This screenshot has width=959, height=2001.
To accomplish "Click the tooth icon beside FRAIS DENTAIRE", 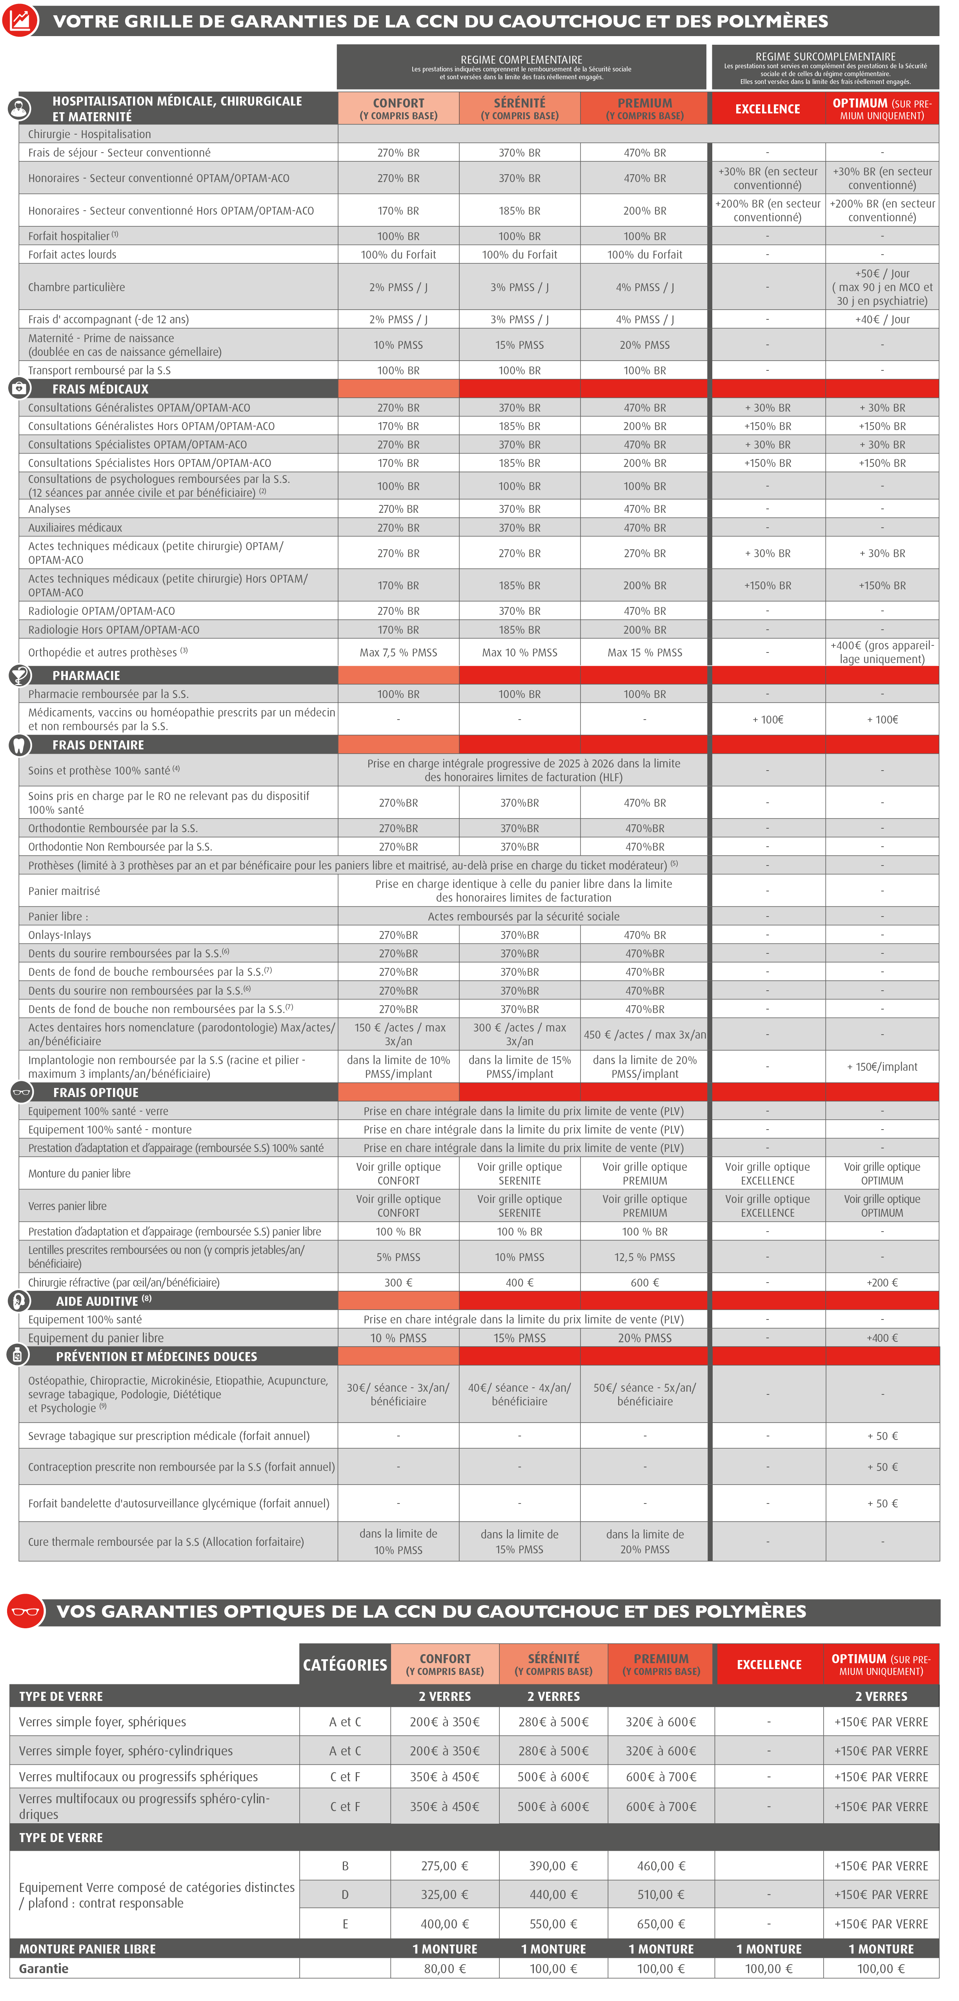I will click(x=19, y=745).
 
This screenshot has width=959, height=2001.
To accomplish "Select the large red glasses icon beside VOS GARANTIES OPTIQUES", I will click(x=25, y=1611).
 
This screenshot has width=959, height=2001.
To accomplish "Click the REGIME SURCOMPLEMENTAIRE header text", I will click(x=825, y=57).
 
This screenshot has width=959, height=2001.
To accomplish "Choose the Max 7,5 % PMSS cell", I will click(x=399, y=652).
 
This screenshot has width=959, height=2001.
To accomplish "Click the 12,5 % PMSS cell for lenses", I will click(x=644, y=1257).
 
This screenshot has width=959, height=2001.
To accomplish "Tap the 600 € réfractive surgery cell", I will click(x=644, y=1283).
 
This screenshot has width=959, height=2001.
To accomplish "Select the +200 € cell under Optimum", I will click(x=882, y=1283).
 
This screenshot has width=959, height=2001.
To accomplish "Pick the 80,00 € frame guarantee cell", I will click(x=445, y=1968).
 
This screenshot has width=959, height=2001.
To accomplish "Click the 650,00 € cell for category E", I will click(x=661, y=1923).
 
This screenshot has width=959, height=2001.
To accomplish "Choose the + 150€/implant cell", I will click(x=882, y=1066).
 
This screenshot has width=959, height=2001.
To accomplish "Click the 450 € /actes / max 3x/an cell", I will click(x=644, y=1035).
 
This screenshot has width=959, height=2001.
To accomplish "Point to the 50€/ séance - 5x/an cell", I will click(x=644, y=1394).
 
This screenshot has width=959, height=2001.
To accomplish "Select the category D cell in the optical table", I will click(x=345, y=1895).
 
